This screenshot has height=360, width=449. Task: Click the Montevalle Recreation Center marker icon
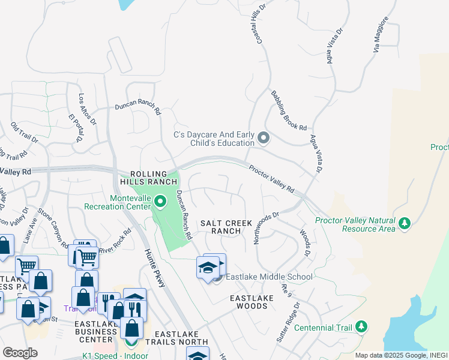(x=159, y=202)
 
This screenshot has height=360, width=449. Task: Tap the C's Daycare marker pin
(x=263, y=139)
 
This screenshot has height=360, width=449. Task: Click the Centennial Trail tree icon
(x=361, y=326)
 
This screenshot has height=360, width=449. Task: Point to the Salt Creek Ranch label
(x=226, y=227)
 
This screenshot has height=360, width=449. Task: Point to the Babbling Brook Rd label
(x=289, y=110)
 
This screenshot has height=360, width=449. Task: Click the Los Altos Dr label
(x=88, y=109)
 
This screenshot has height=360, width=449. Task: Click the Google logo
(x=20, y=353)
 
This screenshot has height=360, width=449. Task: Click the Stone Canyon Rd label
(x=53, y=229)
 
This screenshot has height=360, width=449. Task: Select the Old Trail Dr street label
(x=24, y=133)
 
